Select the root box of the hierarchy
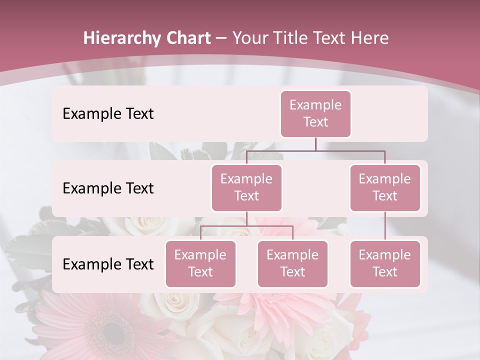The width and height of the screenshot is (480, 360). coord(315,113)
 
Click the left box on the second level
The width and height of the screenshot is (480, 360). coord(246,187)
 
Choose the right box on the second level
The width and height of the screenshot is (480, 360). coord(385,187)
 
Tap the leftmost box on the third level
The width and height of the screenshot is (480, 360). coord(200,263)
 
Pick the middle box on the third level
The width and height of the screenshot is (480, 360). coord(292,263)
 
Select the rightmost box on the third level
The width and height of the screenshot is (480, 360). coord(385,263)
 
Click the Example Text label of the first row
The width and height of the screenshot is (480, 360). coord(108,114)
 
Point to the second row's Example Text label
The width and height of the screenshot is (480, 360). coord(108,188)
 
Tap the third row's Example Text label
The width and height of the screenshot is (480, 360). coord(108,264)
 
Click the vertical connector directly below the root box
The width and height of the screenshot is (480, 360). coord(315,144)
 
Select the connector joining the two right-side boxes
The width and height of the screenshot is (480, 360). coord(385,225)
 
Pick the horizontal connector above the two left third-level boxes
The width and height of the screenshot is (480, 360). coord(246,226)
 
